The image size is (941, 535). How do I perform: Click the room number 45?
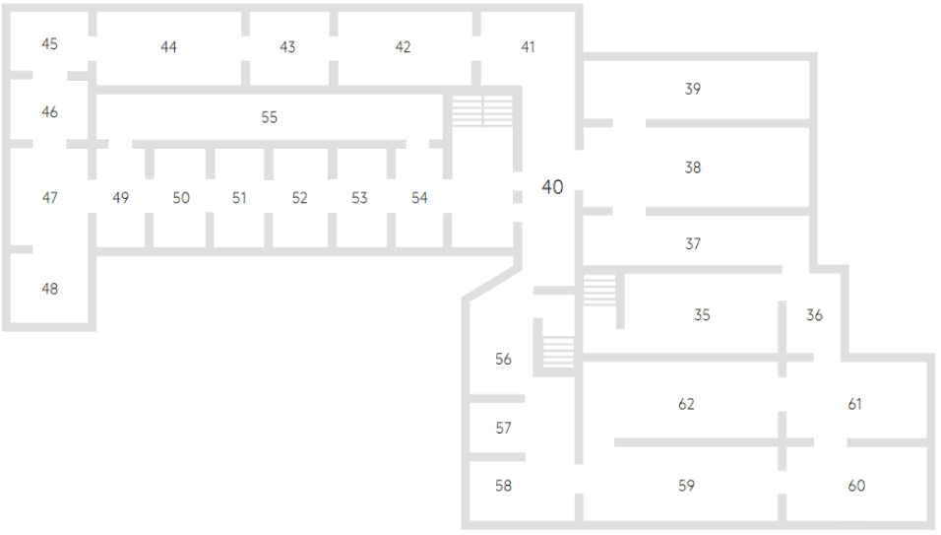click(49, 44)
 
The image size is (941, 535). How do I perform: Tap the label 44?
click(168, 47)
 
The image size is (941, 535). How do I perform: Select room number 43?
click(287, 47)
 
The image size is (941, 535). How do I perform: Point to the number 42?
click(403, 47)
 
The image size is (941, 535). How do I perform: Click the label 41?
click(529, 47)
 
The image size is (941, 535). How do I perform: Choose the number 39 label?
click(693, 90)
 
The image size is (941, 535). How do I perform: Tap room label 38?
click(693, 168)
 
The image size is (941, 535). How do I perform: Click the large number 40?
click(553, 187)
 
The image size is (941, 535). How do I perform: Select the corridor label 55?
click(269, 117)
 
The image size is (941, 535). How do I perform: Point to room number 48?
click(49, 289)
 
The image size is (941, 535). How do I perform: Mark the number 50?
click(181, 198)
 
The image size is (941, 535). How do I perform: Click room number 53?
click(359, 198)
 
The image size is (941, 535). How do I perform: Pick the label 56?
click(503, 360)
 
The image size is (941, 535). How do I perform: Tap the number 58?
click(503, 486)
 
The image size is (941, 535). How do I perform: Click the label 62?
click(687, 404)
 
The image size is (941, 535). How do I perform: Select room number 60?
click(856, 486)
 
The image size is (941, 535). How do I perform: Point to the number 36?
click(814, 316)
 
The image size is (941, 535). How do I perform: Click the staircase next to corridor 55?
click(482, 110)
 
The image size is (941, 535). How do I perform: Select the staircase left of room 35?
click(598, 291)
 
